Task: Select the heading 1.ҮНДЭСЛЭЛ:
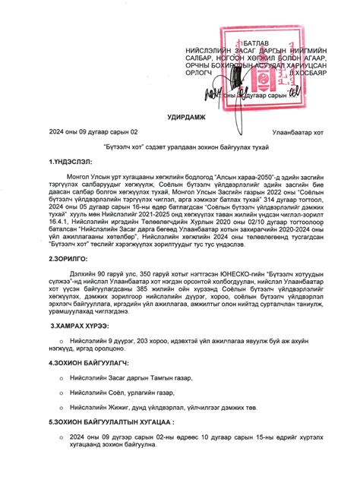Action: [70, 161]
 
